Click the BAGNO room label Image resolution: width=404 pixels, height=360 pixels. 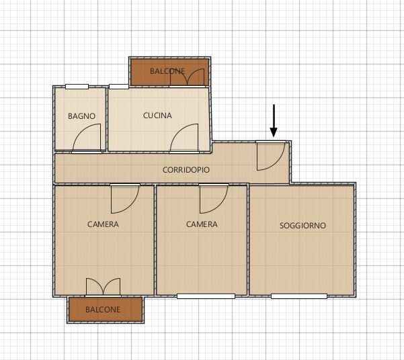click(82, 116)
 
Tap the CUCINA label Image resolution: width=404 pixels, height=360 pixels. click(157, 116)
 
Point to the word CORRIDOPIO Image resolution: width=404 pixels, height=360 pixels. click(186, 170)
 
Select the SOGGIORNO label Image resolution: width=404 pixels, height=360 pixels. click(302, 226)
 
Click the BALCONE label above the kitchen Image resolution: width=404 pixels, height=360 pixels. click(167, 71)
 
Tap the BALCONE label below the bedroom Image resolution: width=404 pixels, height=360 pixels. click(103, 309)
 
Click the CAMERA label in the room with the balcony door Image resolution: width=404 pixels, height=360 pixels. click(103, 224)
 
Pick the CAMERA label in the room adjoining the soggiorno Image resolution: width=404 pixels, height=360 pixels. click(202, 224)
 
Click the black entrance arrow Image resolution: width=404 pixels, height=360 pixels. click(274, 120)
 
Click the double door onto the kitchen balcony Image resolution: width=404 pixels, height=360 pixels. click(188, 77)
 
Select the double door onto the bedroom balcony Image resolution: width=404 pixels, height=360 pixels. click(103, 287)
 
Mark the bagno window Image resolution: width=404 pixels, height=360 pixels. click(77, 87)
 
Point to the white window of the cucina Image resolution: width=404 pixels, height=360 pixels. click(119, 87)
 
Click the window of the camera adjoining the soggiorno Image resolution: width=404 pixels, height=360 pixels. click(206, 296)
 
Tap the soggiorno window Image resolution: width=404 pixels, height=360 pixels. click(299, 296)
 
